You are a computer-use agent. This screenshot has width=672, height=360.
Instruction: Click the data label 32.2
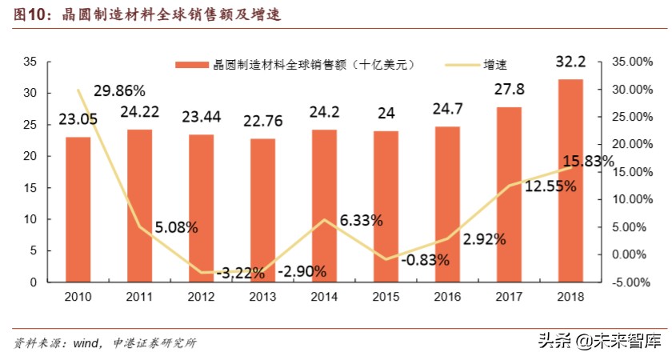click(570, 62)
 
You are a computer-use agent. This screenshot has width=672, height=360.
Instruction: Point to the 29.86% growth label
click(119, 90)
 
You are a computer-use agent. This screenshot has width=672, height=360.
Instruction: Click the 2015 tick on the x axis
click(386, 296)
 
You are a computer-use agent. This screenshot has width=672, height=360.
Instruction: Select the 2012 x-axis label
click(201, 296)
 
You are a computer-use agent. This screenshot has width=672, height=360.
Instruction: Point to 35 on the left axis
click(31, 62)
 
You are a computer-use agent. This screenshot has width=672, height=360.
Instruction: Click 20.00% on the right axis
click(633, 145)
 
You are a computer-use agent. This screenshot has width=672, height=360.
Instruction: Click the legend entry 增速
click(496, 64)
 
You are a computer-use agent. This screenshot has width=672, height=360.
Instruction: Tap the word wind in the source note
click(85, 343)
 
